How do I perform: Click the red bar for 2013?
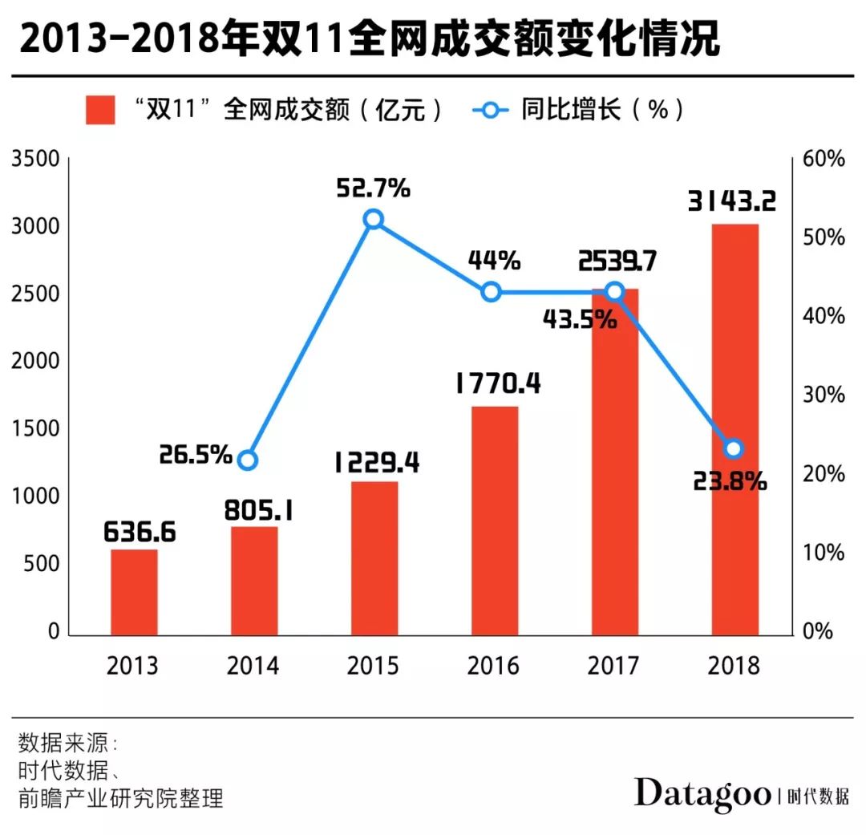[x=134, y=592]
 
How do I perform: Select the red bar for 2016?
[x=495, y=521]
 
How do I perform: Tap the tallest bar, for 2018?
[x=734, y=430]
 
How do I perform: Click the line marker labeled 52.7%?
[x=373, y=220]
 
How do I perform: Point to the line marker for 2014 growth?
[x=248, y=460]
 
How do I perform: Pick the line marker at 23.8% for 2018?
[x=733, y=448]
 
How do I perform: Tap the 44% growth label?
[x=495, y=261]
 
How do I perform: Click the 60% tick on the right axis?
[x=824, y=159]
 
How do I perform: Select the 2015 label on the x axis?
[x=374, y=666]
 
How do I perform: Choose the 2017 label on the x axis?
[x=613, y=666]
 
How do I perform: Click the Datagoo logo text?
[x=702, y=793]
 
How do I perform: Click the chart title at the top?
[x=369, y=39]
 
